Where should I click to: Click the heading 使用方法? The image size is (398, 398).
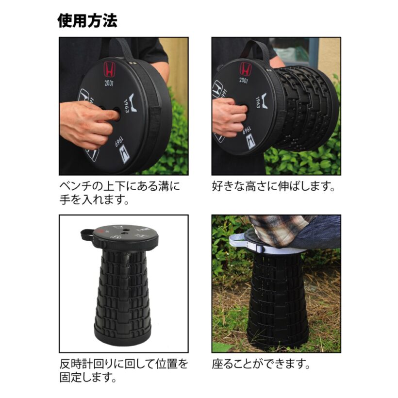click(x=87, y=21)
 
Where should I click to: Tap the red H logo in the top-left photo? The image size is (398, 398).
click(x=110, y=69)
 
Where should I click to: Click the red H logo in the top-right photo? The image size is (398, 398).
click(x=246, y=69)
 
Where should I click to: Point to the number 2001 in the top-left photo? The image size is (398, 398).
click(x=109, y=83)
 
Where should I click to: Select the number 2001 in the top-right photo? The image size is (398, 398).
click(x=244, y=81)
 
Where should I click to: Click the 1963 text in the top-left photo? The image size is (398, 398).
click(x=127, y=106)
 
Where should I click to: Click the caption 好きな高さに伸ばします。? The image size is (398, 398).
click(x=273, y=186)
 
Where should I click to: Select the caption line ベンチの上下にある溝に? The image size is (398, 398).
click(x=119, y=186)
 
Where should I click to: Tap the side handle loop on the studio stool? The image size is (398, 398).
click(x=87, y=234)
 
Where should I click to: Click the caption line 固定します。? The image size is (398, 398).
click(x=88, y=377)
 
